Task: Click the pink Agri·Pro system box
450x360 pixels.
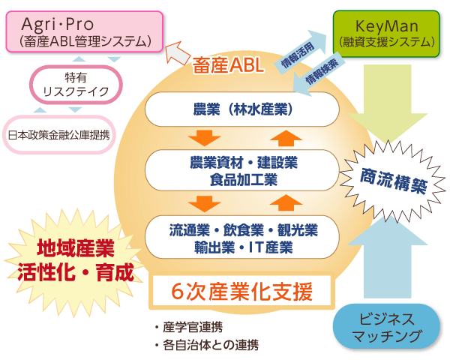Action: (83, 30)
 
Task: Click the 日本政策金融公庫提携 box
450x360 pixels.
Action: (58, 135)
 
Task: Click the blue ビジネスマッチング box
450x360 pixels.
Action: (385, 328)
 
